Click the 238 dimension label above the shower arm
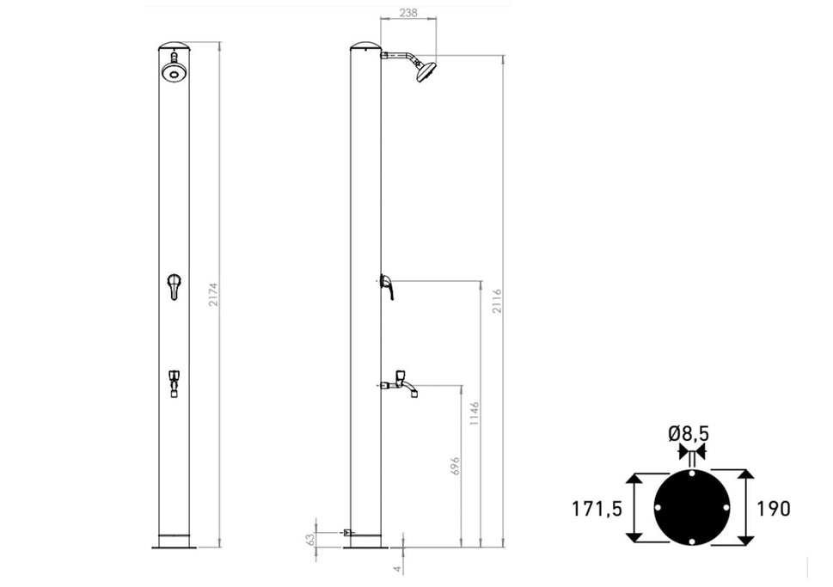[408, 13]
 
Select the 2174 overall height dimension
[213, 294]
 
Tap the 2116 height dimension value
[497, 302]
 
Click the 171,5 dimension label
[597, 509]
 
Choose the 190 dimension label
[773, 509]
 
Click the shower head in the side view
[426, 70]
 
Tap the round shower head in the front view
[174, 73]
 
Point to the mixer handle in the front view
[174, 285]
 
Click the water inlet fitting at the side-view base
[346, 533]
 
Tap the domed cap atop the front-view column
[174, 46]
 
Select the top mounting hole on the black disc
[692, 474]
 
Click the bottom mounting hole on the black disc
[692, 541]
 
